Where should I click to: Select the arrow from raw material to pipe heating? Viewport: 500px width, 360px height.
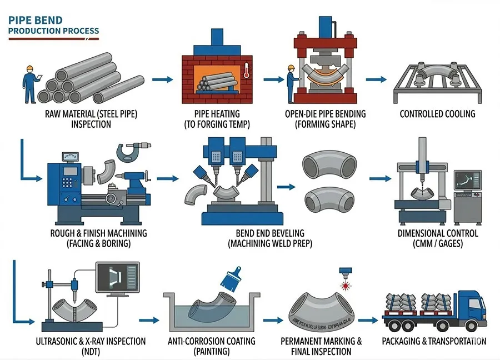click(x=161, y=80)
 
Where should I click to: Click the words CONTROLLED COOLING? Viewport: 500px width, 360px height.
click(x=438, y=114)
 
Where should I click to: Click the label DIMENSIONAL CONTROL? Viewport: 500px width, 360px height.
click(x=438, y=233)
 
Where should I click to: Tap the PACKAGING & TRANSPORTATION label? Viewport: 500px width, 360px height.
click(x=434, y=341)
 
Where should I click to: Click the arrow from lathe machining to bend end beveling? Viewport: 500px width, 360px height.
click(x=168, y=179)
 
